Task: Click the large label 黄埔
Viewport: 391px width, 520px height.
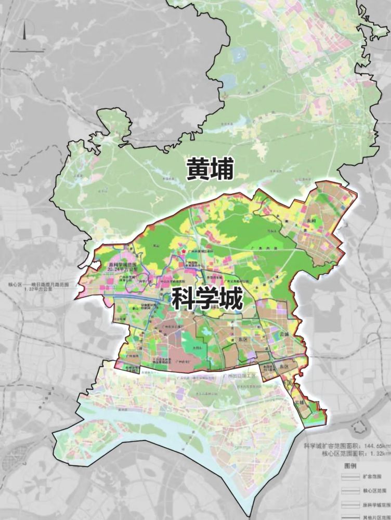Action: [x=211, y=170]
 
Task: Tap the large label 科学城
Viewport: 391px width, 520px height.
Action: [x=206, y=301]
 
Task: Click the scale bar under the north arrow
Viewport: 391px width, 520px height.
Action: [x=23, y=50]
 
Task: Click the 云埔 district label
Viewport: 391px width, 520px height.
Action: [x=283, y=333]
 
